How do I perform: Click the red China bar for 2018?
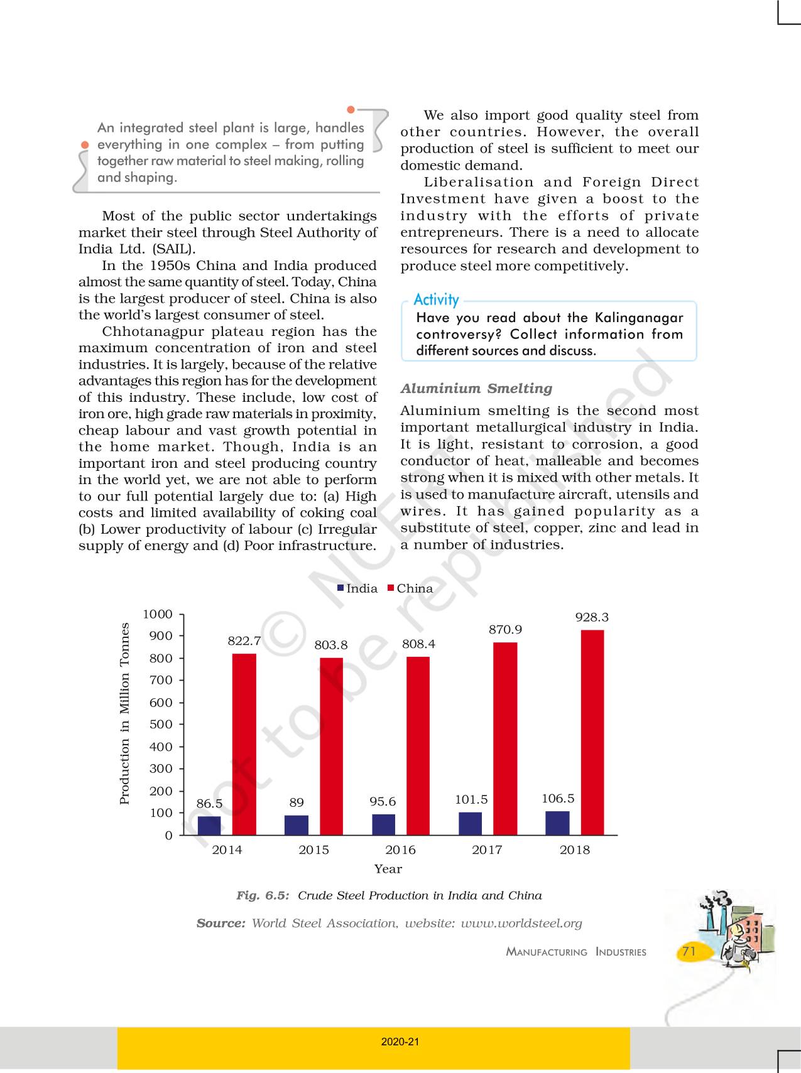592,732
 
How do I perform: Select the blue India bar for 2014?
209,826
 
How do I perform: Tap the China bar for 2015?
331,747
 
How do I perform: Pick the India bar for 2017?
470,824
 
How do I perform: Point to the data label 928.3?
592,618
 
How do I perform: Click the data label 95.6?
383,802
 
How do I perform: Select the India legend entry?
357,588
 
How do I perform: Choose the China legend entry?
410,588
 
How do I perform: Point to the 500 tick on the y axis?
161,724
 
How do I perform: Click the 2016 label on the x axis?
400,849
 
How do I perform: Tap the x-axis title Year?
388,869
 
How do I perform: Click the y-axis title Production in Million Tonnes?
124,713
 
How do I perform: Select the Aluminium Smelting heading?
476,388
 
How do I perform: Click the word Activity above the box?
436,299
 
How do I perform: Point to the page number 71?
689,951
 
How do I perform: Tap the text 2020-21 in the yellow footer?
400,1042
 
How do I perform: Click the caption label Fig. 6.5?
263,895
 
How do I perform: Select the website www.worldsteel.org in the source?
521,923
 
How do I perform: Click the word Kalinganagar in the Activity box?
638,318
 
